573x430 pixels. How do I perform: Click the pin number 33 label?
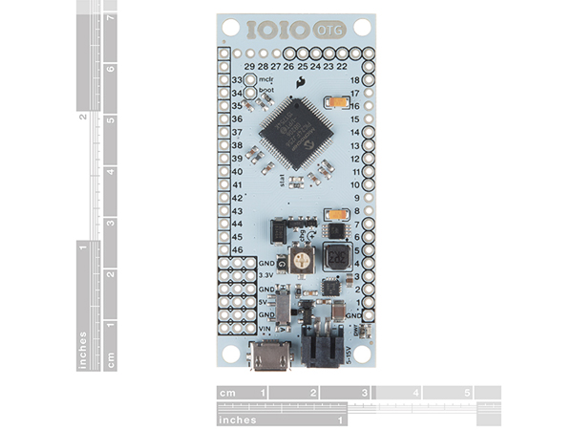237,80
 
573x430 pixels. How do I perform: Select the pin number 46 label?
237,248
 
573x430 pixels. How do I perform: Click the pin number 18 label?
356,81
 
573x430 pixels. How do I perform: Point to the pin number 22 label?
342,66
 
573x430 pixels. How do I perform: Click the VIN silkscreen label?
266,328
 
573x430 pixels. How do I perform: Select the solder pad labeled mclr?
250,80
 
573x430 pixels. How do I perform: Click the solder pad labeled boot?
250,94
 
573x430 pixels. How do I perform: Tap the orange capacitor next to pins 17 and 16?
336,102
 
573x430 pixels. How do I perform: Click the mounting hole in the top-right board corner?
362,28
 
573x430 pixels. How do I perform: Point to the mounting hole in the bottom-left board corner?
230,353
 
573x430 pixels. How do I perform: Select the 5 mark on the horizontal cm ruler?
468,393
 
